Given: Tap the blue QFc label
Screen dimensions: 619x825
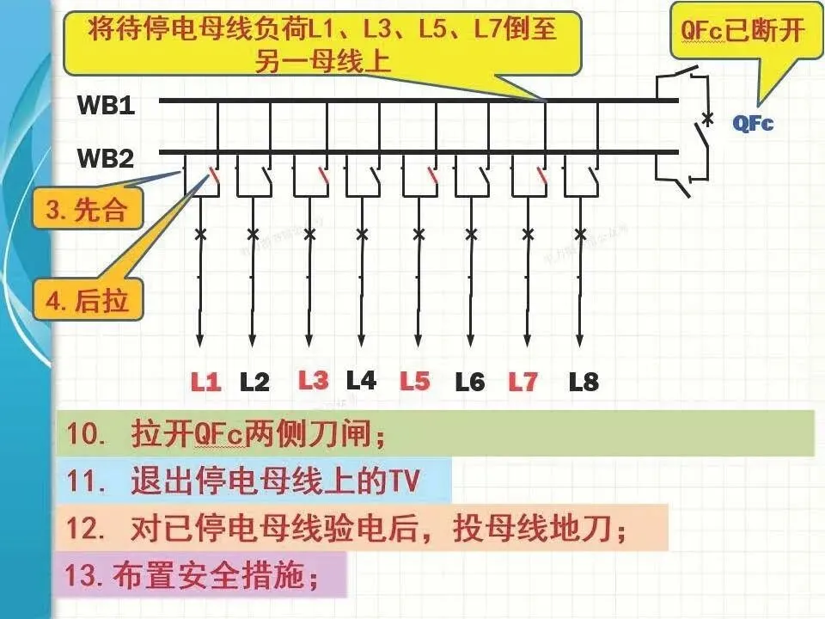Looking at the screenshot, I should click(x=753, y=123).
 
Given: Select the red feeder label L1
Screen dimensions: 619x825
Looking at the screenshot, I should click(x=205, y=382).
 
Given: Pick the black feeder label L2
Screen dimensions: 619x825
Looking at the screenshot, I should click(x=254, y=382).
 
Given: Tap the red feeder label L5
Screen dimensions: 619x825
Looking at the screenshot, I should click(x=415, y=380).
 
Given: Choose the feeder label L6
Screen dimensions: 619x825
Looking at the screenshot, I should click(x=469, y=382).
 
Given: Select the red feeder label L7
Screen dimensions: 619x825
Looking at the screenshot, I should click(x=522, y=382).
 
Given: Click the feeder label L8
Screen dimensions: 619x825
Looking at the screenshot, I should click(x=584, y=382).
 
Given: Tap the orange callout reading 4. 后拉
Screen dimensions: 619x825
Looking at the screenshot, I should click(x=87, y=302).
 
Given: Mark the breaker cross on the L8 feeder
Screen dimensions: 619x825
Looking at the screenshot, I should click(x=581, y=233).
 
